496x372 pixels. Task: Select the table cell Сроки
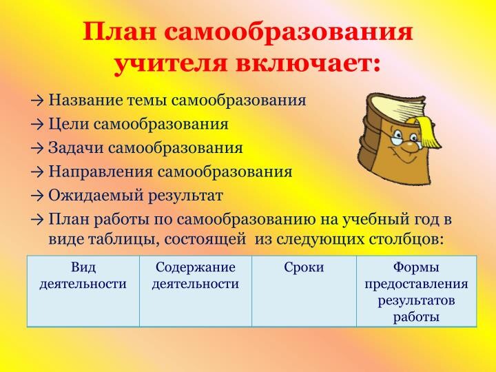pos(304,267)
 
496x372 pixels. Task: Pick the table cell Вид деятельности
pos(83,275)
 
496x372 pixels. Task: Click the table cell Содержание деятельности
pos(195,275)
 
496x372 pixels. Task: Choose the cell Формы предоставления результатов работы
pos(416,291)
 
